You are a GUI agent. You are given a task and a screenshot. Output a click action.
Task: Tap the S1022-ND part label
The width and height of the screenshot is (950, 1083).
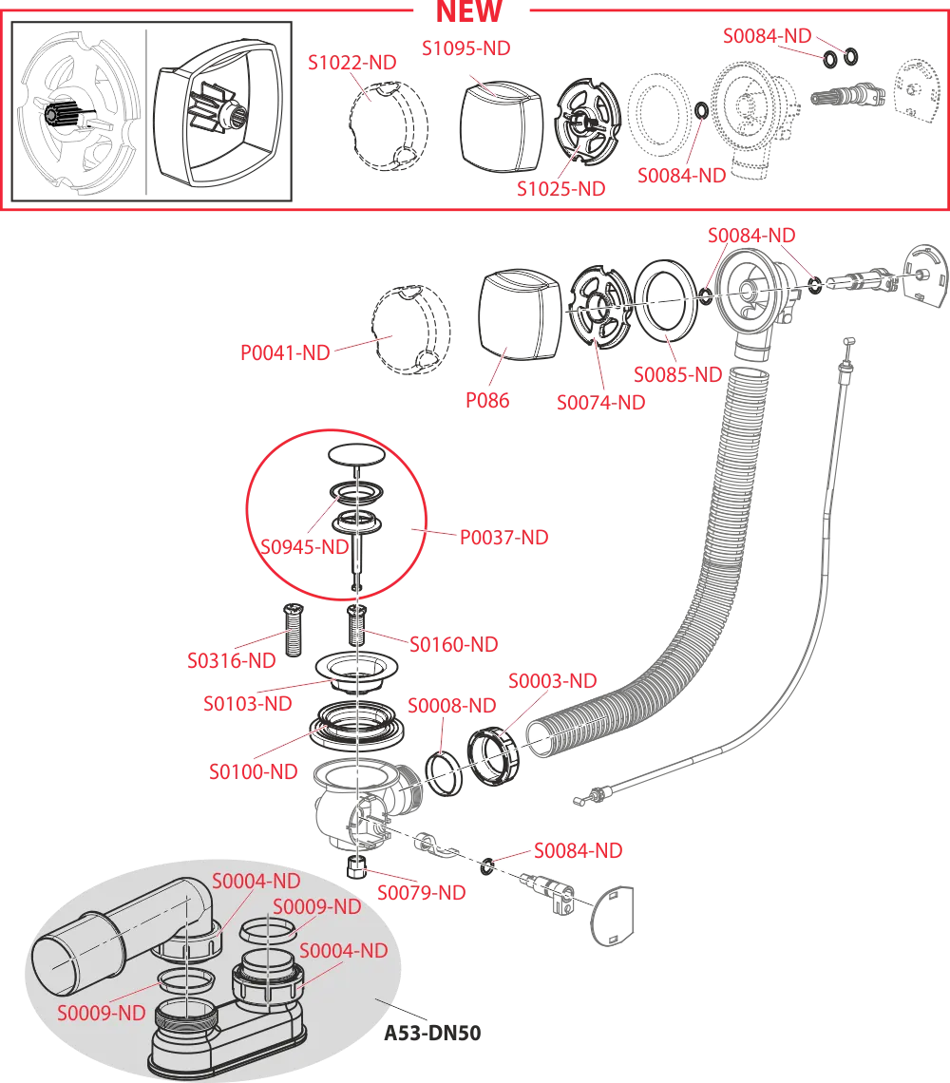[352, 63]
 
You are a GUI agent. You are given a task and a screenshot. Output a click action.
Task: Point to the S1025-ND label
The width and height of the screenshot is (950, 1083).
[561, 188]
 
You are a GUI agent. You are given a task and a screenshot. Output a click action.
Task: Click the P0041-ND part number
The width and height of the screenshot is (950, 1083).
[285, 353]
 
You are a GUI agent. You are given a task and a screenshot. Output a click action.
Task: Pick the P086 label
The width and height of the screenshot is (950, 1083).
[486, 400]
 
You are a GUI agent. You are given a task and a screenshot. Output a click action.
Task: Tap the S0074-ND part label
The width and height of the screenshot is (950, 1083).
[600, 402]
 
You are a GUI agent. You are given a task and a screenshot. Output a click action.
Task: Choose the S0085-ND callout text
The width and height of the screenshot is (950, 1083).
[678, 374]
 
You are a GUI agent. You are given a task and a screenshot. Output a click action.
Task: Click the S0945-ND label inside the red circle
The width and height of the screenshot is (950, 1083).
[305, 547]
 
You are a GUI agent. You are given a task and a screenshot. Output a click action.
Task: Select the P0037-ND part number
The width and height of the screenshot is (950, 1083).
[503, 538]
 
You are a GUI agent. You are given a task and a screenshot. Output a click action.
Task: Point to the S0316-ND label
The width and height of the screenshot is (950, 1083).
[232, 658]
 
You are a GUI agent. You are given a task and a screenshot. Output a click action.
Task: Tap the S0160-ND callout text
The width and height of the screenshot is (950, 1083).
[454, 645]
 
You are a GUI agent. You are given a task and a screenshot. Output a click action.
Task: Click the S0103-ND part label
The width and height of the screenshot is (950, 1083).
[248, 704]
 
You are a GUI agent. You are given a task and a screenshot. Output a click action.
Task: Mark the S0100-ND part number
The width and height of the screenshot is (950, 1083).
[254, 771]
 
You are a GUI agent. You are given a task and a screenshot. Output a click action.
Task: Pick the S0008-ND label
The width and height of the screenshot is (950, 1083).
[452, 706]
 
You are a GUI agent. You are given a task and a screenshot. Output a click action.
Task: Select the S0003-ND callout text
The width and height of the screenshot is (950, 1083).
[553, 682]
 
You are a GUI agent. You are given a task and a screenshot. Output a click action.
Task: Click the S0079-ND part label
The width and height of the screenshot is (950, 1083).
[422, 893]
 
